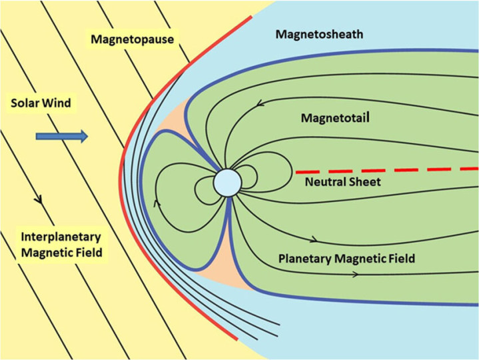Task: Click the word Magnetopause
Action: tap(133, 40)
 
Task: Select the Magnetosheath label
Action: tap(319, 34)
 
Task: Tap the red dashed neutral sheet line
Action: tap(386, 171)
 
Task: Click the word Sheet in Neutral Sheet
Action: tap(365, 181)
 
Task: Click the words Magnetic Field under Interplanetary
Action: tap(61, 251)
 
